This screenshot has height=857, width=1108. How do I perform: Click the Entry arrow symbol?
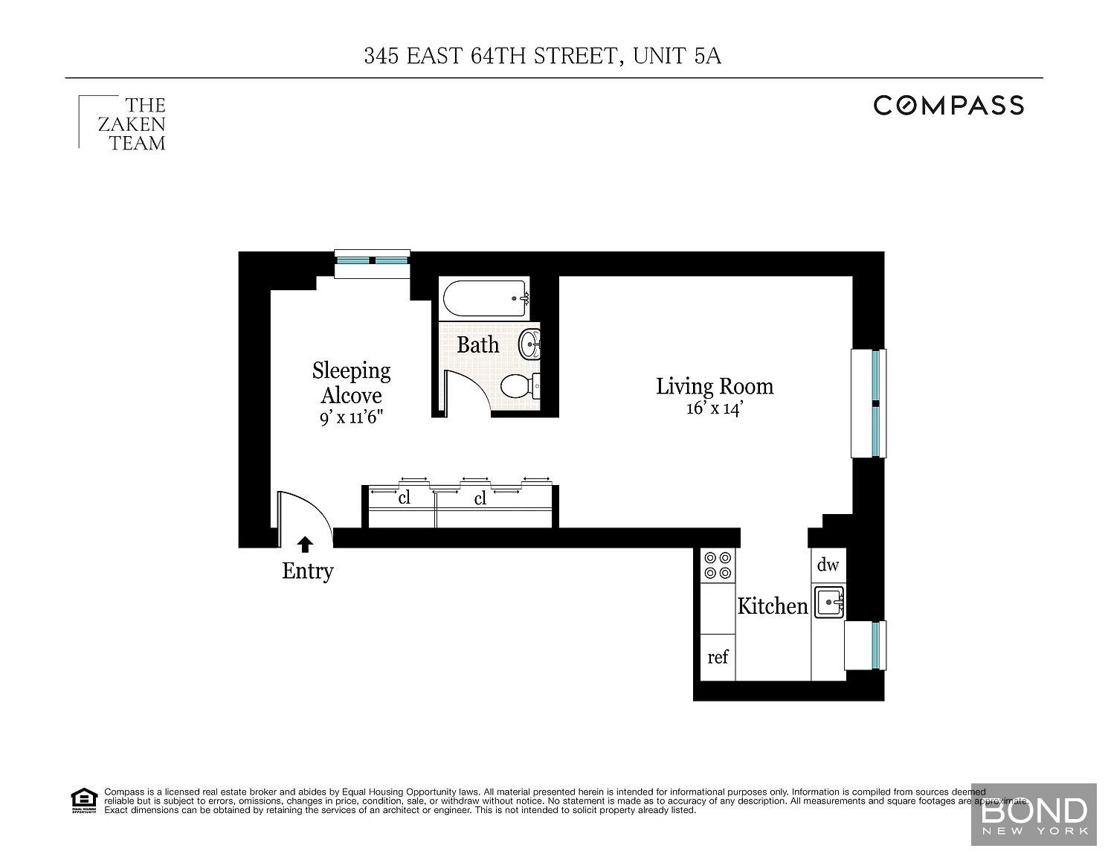tap(305, 545)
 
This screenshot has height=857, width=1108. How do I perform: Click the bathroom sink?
tap(529, 343)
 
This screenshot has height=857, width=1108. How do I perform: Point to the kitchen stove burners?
tap(718, 565)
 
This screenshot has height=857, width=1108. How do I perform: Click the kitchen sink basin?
tap(828, 602)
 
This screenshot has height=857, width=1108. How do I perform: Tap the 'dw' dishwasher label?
tap(828, 565)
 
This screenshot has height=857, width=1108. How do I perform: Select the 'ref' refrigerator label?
tap(718, 657)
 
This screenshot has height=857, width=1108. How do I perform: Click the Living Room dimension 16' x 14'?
tap(715, 408)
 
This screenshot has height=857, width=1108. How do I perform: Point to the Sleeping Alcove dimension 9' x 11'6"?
tap(351, 418)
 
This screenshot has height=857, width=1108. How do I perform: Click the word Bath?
tap(477, 345)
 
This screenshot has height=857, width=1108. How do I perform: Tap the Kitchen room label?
tap(773, 606)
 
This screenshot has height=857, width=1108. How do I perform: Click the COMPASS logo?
tap(948, 106)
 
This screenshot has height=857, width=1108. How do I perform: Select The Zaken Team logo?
tap(123, 124)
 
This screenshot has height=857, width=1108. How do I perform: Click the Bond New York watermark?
tap(1034, 816)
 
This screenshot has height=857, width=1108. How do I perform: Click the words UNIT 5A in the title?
tap(677, 56)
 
